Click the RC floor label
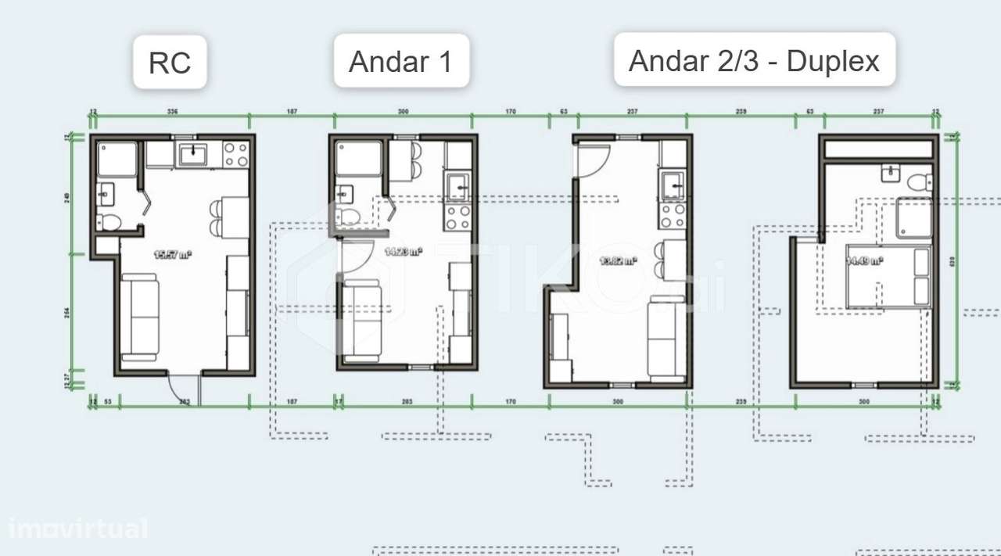tap(170, 63)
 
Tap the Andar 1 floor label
tap(401, 61)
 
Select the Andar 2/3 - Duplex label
tap(754, 60)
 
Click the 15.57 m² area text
tap(174, 253)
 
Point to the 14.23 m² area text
tap(404, 251)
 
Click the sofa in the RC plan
tap(141, 317)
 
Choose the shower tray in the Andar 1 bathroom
tap(358, 159)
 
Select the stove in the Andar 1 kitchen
tap(458, 216)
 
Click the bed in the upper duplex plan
tap(889, 277)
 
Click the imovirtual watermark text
tap(77, 529)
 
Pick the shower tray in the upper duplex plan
tap(913, 217)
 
